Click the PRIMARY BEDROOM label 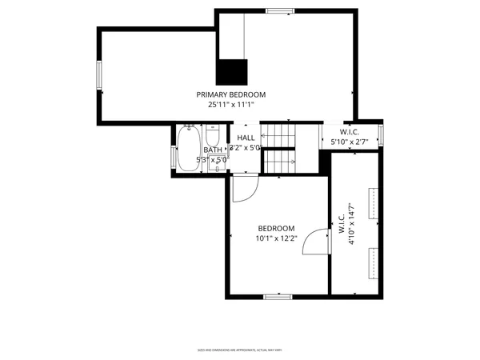click(x=231, y=94)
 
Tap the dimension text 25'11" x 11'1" click(x=231, y=105)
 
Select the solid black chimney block click(x=233, y=72)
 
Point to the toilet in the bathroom click(x=213, y=131)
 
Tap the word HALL click(x=246, y=138)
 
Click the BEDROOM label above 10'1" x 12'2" click(x=275, y=228)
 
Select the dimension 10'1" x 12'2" click(x=276, y=238)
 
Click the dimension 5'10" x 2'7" click(x=349, y=142)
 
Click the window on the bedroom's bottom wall click(x=278, y=297)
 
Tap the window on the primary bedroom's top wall click(x=279, y=11)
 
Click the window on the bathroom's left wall click(x=174, y=157)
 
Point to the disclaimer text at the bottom click(x=240, y=350)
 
